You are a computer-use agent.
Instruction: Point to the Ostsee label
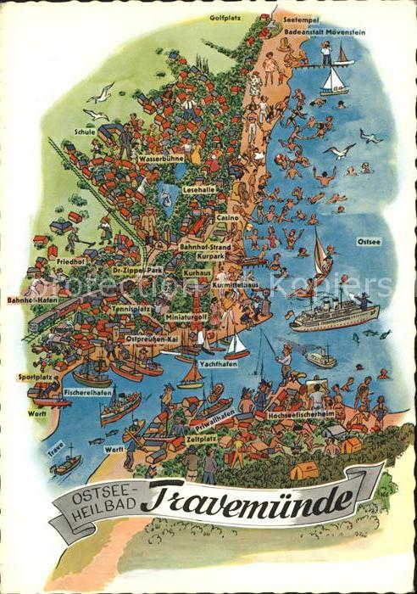pyautogui.click(x=370, y=241)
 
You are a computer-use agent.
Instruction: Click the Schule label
pyautogui.click(x=85, y=132)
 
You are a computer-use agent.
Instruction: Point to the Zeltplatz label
pyautogui.click(x=204, y=440)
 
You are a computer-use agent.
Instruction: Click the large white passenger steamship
pyautogui.click(x=334, y=313)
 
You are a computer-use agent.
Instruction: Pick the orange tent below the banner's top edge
pyautogui.click(x=303, y=469)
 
